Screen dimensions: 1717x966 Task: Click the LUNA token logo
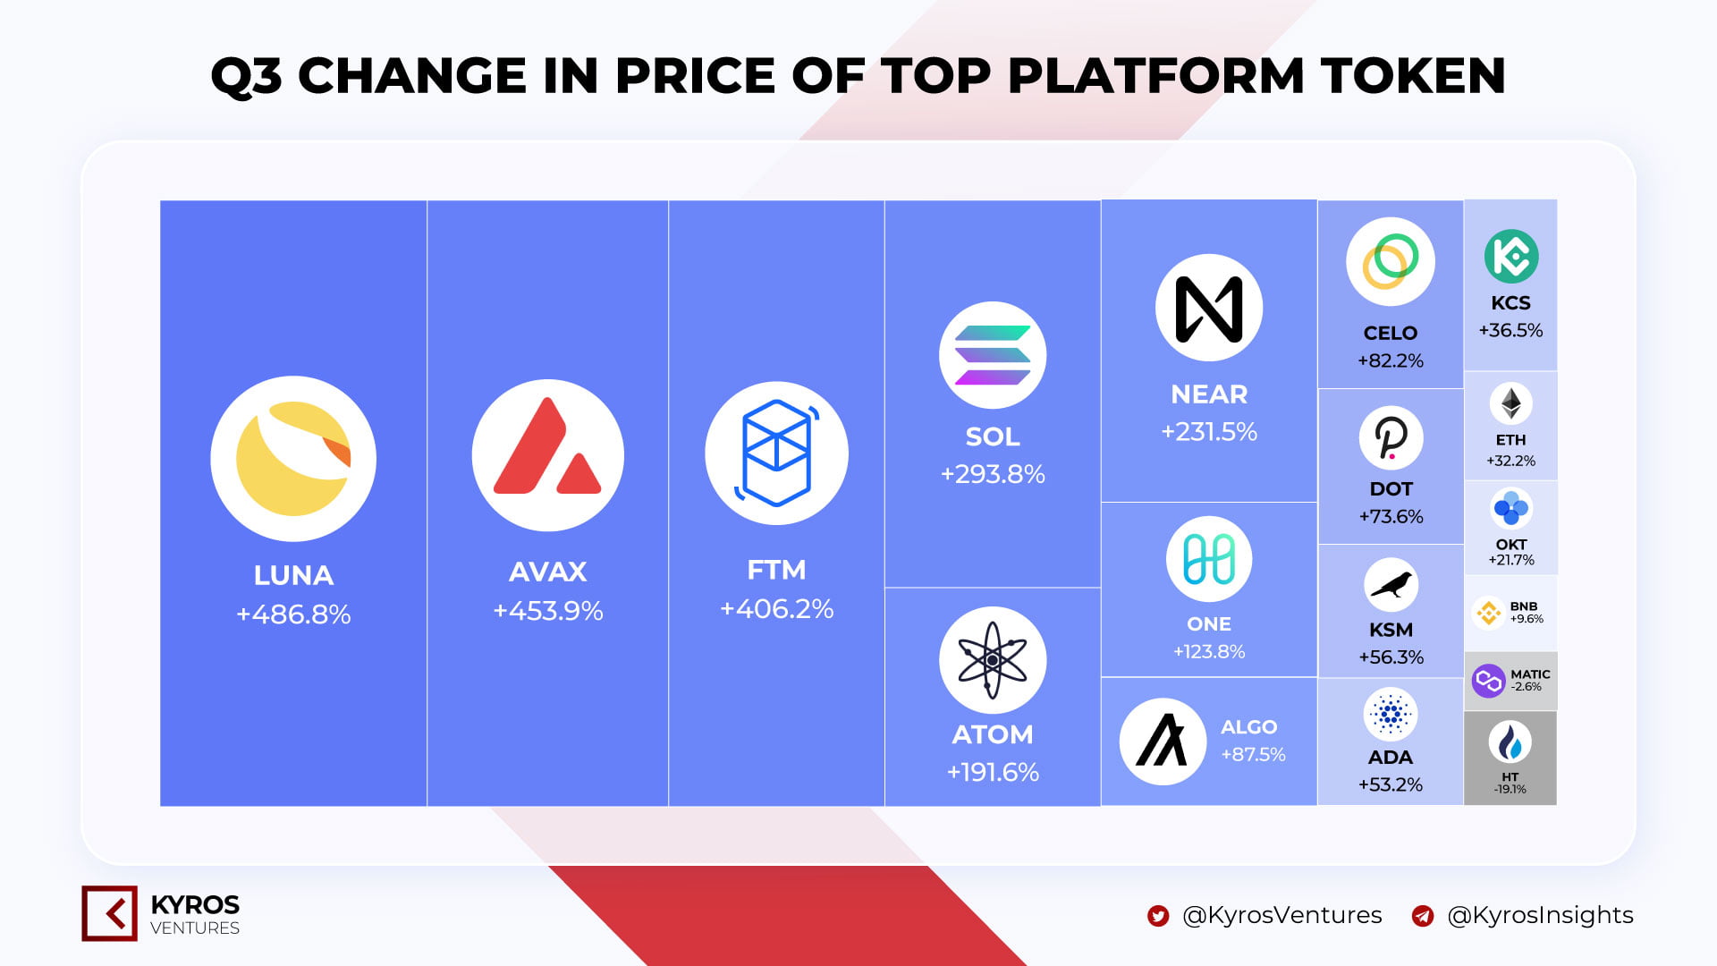pos(293,459)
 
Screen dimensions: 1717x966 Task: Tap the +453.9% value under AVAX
pos(548,611)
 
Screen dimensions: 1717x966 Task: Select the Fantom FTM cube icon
pos(776,453)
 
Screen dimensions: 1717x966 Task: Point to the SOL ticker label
pos(993,436)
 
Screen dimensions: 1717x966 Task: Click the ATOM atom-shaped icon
pos(993,660)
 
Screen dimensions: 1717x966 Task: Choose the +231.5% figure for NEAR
pos(1209,432)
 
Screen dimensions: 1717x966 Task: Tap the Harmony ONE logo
pos(1209,559)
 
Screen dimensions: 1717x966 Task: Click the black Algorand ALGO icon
pos(1163,741)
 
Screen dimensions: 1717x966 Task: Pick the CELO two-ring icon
pos(1391,261)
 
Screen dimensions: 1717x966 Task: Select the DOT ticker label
pos(1391,489)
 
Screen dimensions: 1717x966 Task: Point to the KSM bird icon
pos(1391,585)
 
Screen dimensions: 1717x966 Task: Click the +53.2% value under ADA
pos(1391,784)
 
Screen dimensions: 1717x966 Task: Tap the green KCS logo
pos(1511,257)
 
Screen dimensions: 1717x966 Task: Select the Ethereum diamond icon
pos(1511,404)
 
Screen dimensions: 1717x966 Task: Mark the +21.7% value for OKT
pos(1511,560)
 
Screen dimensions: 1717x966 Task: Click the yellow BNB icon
pos(1488,613)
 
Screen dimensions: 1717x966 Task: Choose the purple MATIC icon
pos(1489,682)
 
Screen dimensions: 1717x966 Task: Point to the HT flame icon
pos(1510,742)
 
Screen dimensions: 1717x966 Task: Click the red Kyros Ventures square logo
pos(109,913)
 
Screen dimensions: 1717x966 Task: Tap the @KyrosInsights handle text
pos(1540,915)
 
